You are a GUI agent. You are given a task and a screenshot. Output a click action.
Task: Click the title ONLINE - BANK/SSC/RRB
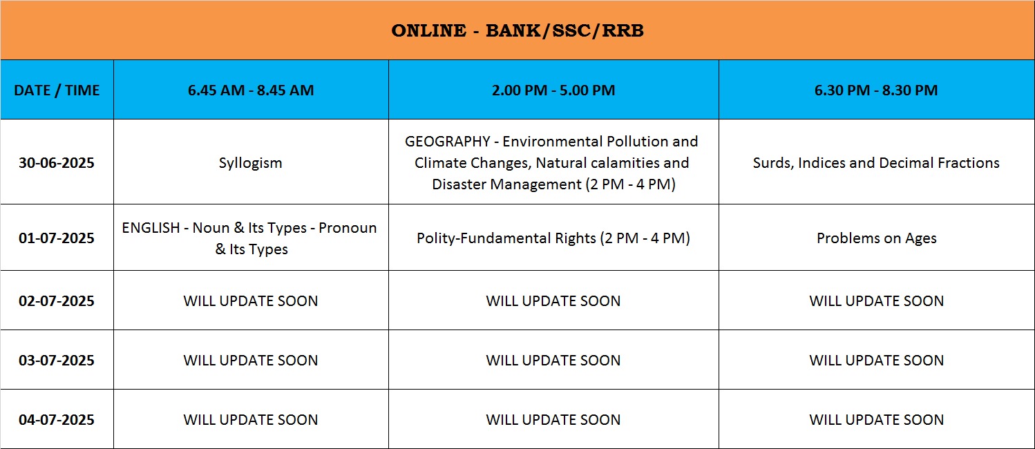pyautogui.click(x=517, y=30)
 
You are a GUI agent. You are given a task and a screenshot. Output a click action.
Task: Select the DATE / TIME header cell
pyautogui.click(x=57, y=90)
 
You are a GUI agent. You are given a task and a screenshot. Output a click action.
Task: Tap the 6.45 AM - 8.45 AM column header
pyautogui.click(x=251, y=90)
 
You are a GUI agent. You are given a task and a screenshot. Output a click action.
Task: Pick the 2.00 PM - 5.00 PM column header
pyautogui.click(x=553, y=90)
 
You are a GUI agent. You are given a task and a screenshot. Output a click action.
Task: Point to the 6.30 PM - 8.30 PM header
pyautogui.click(x=876, y=90)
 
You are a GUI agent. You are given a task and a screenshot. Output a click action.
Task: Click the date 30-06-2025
pyautogui.click(x=57, y=162)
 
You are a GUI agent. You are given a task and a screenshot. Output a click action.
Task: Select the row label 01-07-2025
pyautogui.click(x=57, y=238)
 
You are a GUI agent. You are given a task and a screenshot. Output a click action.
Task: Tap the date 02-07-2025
pyautogui.click(x=57, y=300)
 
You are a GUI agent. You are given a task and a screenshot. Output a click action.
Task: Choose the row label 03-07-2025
pyautogui.click(x=57, y=360)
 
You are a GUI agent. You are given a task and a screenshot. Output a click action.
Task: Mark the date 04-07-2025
pyautogui.click(x=57, y=419)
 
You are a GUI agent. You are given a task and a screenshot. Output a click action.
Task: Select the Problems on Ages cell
pyautogui.click(x=877, y=238)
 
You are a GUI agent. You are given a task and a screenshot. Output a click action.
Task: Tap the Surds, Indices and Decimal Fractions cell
pyautogui.click(x=876, y=162)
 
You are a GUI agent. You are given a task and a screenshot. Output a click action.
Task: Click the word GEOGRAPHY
pyautogui.click(x=447, y=142)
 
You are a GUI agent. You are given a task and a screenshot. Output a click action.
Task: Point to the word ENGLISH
pyautogui.click(x=151, y=228)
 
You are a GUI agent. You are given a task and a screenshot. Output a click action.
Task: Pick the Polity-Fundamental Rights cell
pyautogui.click(x=553, y=238)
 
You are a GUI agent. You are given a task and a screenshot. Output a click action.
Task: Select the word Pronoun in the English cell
pyautogui.click(x=348, y=228)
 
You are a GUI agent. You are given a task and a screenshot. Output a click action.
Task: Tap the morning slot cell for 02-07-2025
pyautogui.click(x=251, y=300)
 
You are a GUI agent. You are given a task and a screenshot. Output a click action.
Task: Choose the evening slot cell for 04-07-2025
pyautogui.click(x=877, y=419)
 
